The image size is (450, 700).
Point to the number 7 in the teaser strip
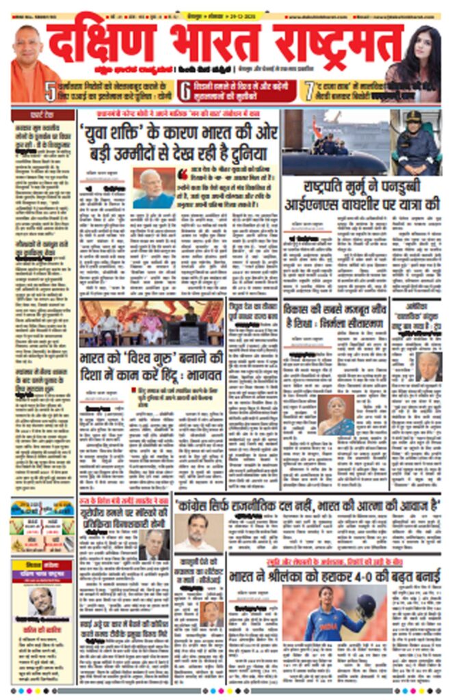pos(310,91)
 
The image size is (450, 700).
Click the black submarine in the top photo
pos(335,162)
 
